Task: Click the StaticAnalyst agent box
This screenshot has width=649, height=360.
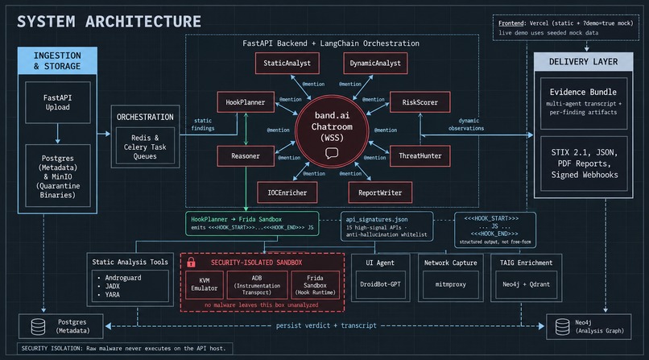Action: [287, 64]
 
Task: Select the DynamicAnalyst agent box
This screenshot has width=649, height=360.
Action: [375, 64]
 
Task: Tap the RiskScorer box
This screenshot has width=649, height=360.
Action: [420, 102]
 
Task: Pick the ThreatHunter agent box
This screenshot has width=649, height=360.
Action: [420, 156]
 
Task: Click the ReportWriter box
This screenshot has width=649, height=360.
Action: [380, 192]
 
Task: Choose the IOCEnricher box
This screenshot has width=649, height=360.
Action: [287, 192]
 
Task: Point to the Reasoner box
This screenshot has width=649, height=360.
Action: [246, 156]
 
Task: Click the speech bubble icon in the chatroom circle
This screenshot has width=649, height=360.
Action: [332, 154]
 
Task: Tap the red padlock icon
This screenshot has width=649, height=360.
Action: [191, 262]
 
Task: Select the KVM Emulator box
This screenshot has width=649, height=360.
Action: [205, 284]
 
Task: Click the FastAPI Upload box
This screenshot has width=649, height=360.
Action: [57, 102]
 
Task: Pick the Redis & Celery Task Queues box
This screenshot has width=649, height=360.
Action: [145, 147]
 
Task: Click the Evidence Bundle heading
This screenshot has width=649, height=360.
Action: [583, 92]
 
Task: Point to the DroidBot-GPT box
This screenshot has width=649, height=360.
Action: [380, 284]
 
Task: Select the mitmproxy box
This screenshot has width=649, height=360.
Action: [450, 284]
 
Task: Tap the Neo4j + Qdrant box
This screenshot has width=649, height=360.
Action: [526, 284]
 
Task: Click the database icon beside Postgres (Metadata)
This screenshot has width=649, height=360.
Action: [38, 326]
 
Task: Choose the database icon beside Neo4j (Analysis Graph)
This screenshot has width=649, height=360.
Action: [562, 326]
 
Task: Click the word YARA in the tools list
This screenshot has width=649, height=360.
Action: [112, 295]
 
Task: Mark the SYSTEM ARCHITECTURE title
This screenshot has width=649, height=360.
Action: [109, 22]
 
